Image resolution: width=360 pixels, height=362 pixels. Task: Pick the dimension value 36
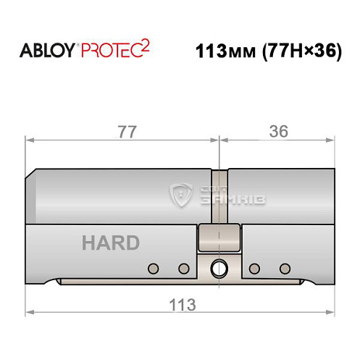[279, 131]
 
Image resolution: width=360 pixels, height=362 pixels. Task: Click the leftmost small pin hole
[152, 269]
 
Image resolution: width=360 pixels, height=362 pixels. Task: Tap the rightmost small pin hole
[285, 269]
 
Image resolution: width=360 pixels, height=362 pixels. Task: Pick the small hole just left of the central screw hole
[183, 269]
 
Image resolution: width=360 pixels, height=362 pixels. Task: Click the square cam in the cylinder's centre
[219, 237]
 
